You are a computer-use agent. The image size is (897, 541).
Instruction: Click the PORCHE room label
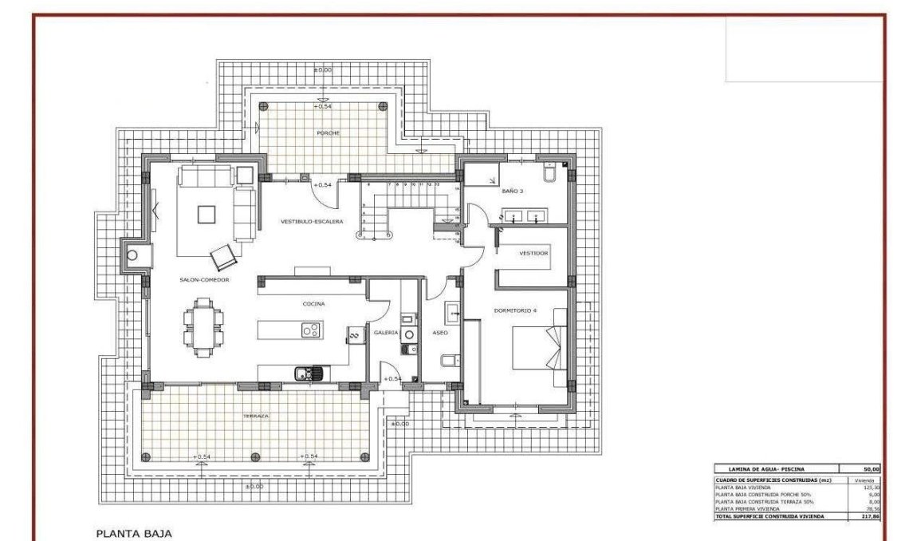tap(328, 133)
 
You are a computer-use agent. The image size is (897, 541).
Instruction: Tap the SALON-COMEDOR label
tap(204, 280)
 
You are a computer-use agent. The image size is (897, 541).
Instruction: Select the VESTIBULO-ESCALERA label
tap(312, 221)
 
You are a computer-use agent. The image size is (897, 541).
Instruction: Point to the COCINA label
tap(313, 304)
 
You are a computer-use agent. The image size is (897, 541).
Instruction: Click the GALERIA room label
tap(386, 332)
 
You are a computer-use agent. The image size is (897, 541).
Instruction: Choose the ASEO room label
tap(440, 332)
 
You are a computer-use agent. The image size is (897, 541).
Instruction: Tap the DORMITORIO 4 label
tap(515, 310)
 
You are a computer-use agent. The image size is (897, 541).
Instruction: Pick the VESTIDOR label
tap(533, 253)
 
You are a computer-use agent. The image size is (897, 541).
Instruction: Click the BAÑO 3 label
tap(513, 192)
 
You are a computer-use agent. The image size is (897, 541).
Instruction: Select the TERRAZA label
tap(257, 417)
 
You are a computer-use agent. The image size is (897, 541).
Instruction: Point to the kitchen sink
tap(308, 373)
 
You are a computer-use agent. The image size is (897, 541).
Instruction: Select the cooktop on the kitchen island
tap(310, 330)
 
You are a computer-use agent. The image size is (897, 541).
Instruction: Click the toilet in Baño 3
tap(552, 174)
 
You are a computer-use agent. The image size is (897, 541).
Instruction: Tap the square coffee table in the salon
tap(207, 214)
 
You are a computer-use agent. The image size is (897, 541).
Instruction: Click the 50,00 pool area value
tap(870, 469)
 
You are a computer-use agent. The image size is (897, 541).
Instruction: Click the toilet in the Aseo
tap(448, 361)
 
